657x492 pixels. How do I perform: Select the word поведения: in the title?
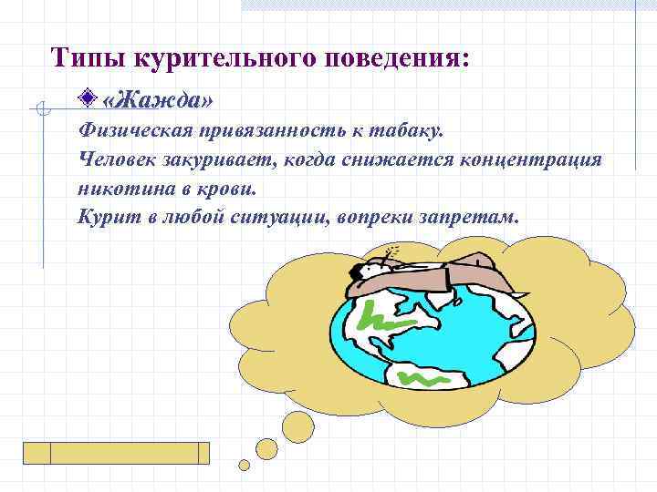(399, 56)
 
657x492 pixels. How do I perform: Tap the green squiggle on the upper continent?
(387, 319)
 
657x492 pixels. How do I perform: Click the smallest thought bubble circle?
(245, 466)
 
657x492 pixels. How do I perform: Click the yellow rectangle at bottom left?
(116, 453)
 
